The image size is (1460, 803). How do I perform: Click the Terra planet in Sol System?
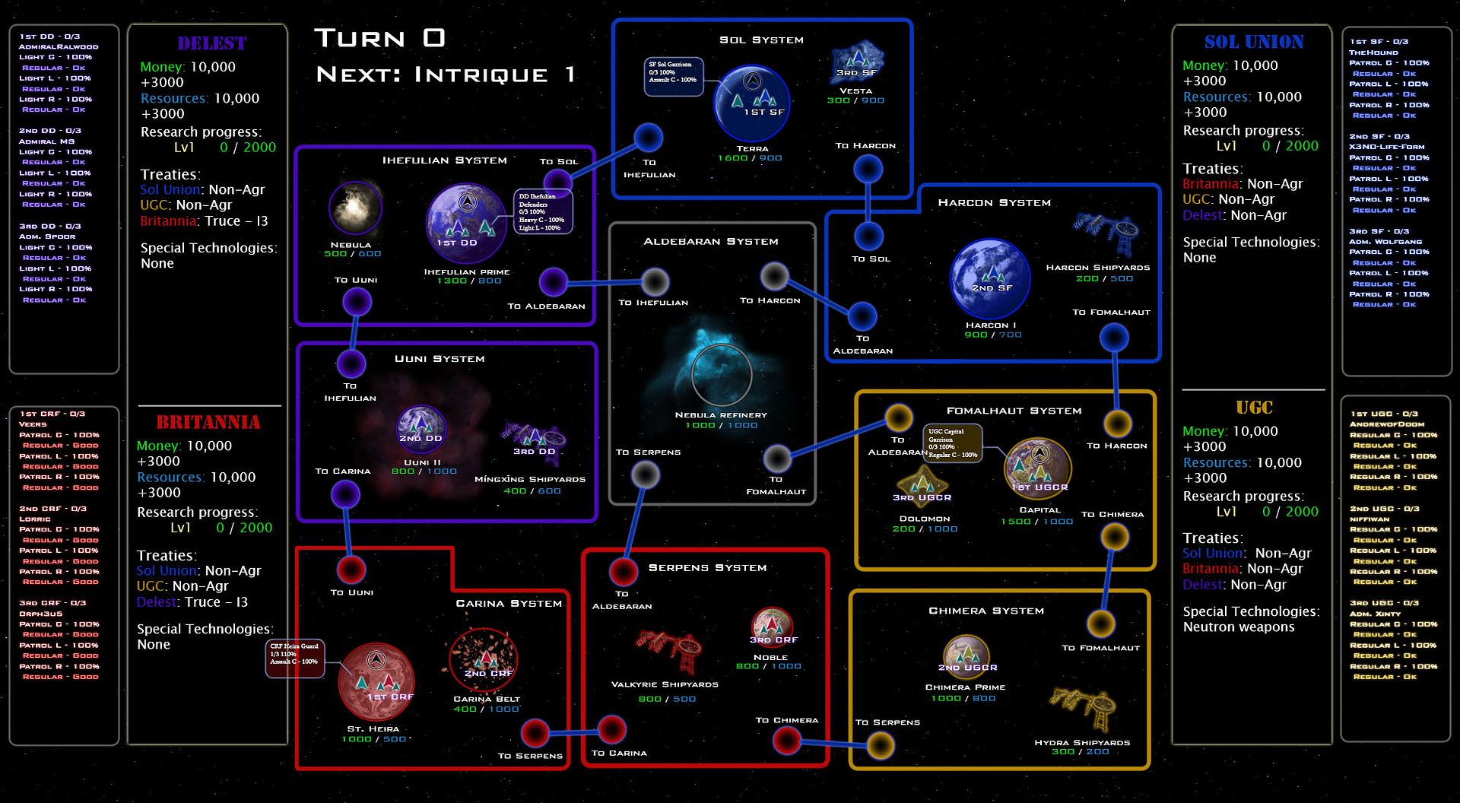(x=752, y=103)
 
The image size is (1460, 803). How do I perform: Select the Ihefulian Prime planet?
(x=466, y=223)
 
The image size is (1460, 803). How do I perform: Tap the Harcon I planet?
(x=989, y=278)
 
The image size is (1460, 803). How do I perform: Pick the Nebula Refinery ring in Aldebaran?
(x=721, y=374)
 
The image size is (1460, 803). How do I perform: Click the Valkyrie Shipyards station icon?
(x=669, y=650)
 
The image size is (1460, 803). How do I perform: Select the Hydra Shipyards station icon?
(x=1083, y=707)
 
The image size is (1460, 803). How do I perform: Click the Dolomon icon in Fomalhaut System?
(x=922, y=487)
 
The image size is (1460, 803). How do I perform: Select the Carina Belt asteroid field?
(x=484, y=660)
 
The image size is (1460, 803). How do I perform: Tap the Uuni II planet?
(x=421, y=429)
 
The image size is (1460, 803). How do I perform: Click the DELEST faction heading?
(x=212, y=43)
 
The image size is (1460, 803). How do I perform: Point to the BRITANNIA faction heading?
(x=208, y=422)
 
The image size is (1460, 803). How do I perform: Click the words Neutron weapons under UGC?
(x=1239, y=627)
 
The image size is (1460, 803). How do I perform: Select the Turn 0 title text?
(x=379, y=38)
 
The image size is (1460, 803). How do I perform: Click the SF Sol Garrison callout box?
(x=673, y=77)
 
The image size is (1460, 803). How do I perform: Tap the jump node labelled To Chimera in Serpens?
(x=787, y=739)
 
